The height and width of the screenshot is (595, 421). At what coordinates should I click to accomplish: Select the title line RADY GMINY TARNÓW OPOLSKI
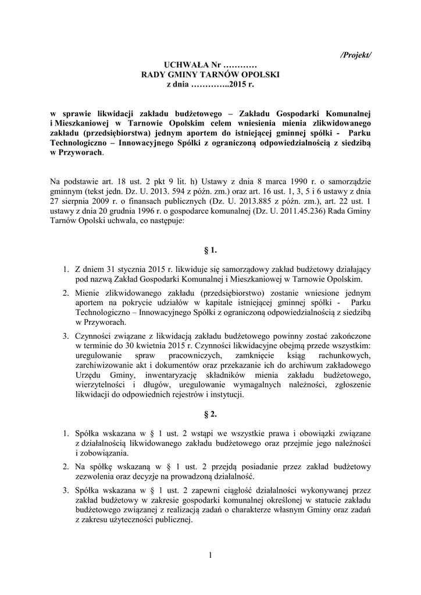click(211, 76)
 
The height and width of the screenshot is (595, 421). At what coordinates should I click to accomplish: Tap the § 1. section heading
click(211, 250)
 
